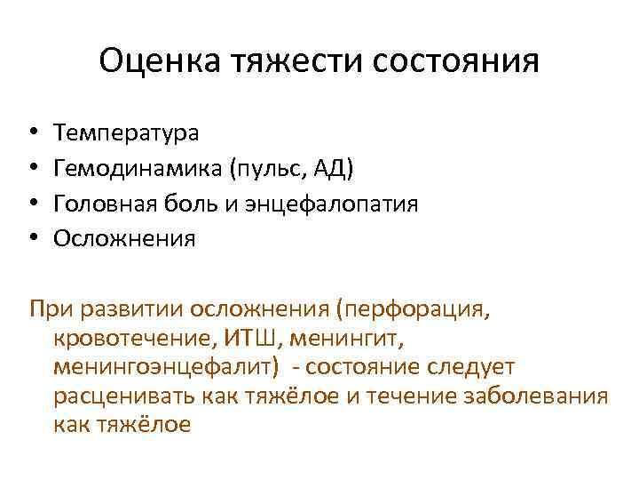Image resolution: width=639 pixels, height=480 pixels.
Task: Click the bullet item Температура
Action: pos(126,133)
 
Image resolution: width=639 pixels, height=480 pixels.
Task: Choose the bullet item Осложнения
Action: pos(124,239)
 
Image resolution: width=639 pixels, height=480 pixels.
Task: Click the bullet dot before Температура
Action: pos(32,134)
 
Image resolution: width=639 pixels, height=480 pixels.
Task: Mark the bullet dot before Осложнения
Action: pos(32,240)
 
